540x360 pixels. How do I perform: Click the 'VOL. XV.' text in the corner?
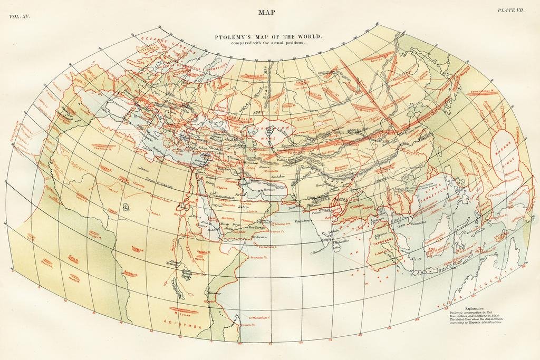20,17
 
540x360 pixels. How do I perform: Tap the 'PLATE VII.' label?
510,11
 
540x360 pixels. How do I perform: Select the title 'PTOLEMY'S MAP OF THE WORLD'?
267,37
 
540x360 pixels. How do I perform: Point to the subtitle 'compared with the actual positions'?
267,43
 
